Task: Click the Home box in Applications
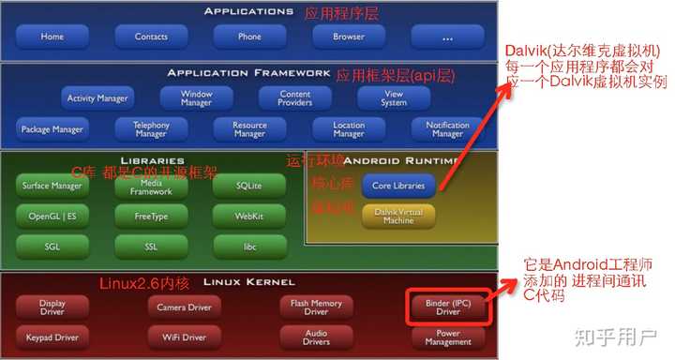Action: click(x=52, y=37)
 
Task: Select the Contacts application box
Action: click(x=151, y=37)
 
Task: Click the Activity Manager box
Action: click(x=97, y=97)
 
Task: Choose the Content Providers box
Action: click(x=295, y=97)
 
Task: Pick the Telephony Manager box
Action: click(x=151, y=128)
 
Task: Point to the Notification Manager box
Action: click(x=447, y=128)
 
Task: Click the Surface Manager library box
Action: click(x=52, y=186)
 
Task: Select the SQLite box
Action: click(x=249, y=186)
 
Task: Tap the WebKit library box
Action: click(x=249, y=216)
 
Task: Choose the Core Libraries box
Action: click(x=398, y=186)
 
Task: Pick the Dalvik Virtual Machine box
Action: click(x=398, y=217)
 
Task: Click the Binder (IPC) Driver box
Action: click(x=447, y=307)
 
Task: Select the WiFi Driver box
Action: click(x=184, y=337)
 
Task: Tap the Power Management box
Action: click(x=447, y=337)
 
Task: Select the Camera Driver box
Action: click(x=184, y=307)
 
